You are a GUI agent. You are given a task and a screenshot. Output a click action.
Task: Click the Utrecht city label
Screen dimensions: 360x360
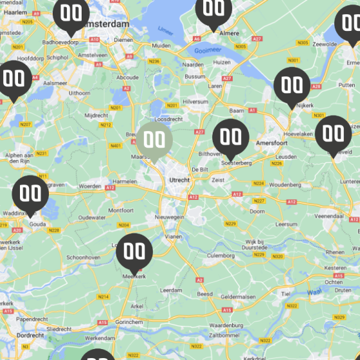179,180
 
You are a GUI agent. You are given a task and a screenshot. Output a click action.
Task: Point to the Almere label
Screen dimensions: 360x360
230,33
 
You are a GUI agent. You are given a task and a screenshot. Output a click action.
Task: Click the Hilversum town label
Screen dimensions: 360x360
195,102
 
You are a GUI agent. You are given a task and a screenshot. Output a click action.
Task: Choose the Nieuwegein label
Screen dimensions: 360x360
170,217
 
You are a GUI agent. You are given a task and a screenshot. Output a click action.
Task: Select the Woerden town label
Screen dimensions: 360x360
90,186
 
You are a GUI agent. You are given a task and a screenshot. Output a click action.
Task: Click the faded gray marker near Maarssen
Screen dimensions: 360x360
154,139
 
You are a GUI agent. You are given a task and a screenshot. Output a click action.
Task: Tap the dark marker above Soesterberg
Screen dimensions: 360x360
231,138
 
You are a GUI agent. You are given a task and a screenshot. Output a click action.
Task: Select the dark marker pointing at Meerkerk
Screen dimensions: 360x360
134,252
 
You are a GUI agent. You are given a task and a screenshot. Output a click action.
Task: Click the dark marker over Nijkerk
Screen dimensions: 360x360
292,85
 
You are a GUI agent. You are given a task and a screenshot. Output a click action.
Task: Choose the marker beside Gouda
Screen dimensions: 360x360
30,194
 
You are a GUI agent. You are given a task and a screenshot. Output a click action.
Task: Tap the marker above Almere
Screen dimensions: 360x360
213,10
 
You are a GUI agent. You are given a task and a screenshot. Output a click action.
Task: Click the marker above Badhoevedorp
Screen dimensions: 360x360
71,14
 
